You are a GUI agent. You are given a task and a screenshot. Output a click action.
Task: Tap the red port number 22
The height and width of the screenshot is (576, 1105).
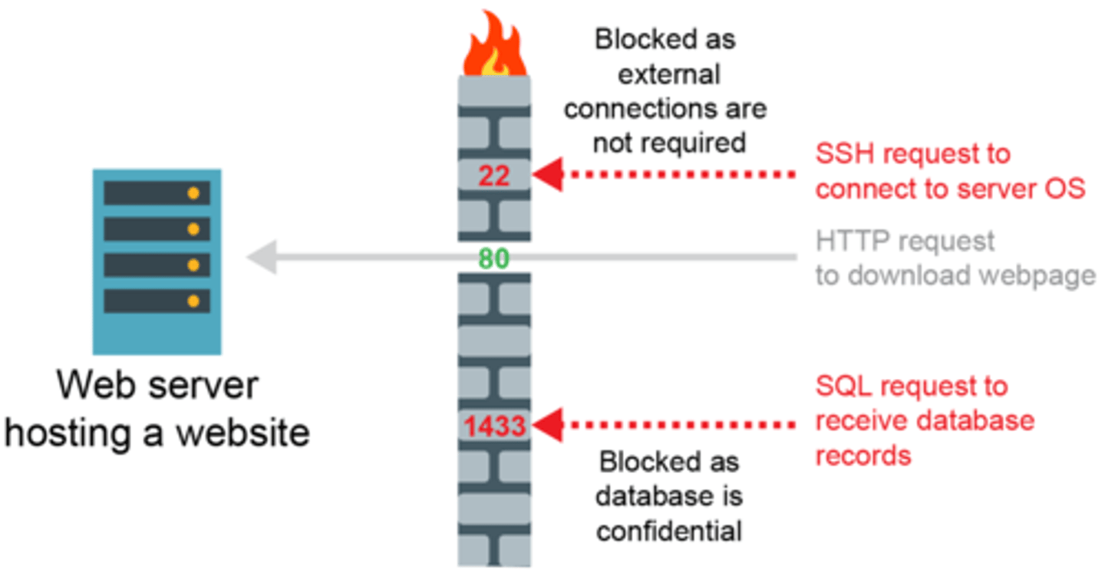point(494,176)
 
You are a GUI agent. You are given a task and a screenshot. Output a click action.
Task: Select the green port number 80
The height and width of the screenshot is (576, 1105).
point(494,259)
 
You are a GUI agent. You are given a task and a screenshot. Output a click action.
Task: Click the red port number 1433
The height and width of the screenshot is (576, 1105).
point(494,425)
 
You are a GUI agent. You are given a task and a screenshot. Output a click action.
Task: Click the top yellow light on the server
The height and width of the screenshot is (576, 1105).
point(193,193)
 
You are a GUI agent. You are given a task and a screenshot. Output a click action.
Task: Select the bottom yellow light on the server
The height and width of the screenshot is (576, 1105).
point(193,301)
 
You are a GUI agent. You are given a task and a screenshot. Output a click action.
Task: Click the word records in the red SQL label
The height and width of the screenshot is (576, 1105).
point(863,456)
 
